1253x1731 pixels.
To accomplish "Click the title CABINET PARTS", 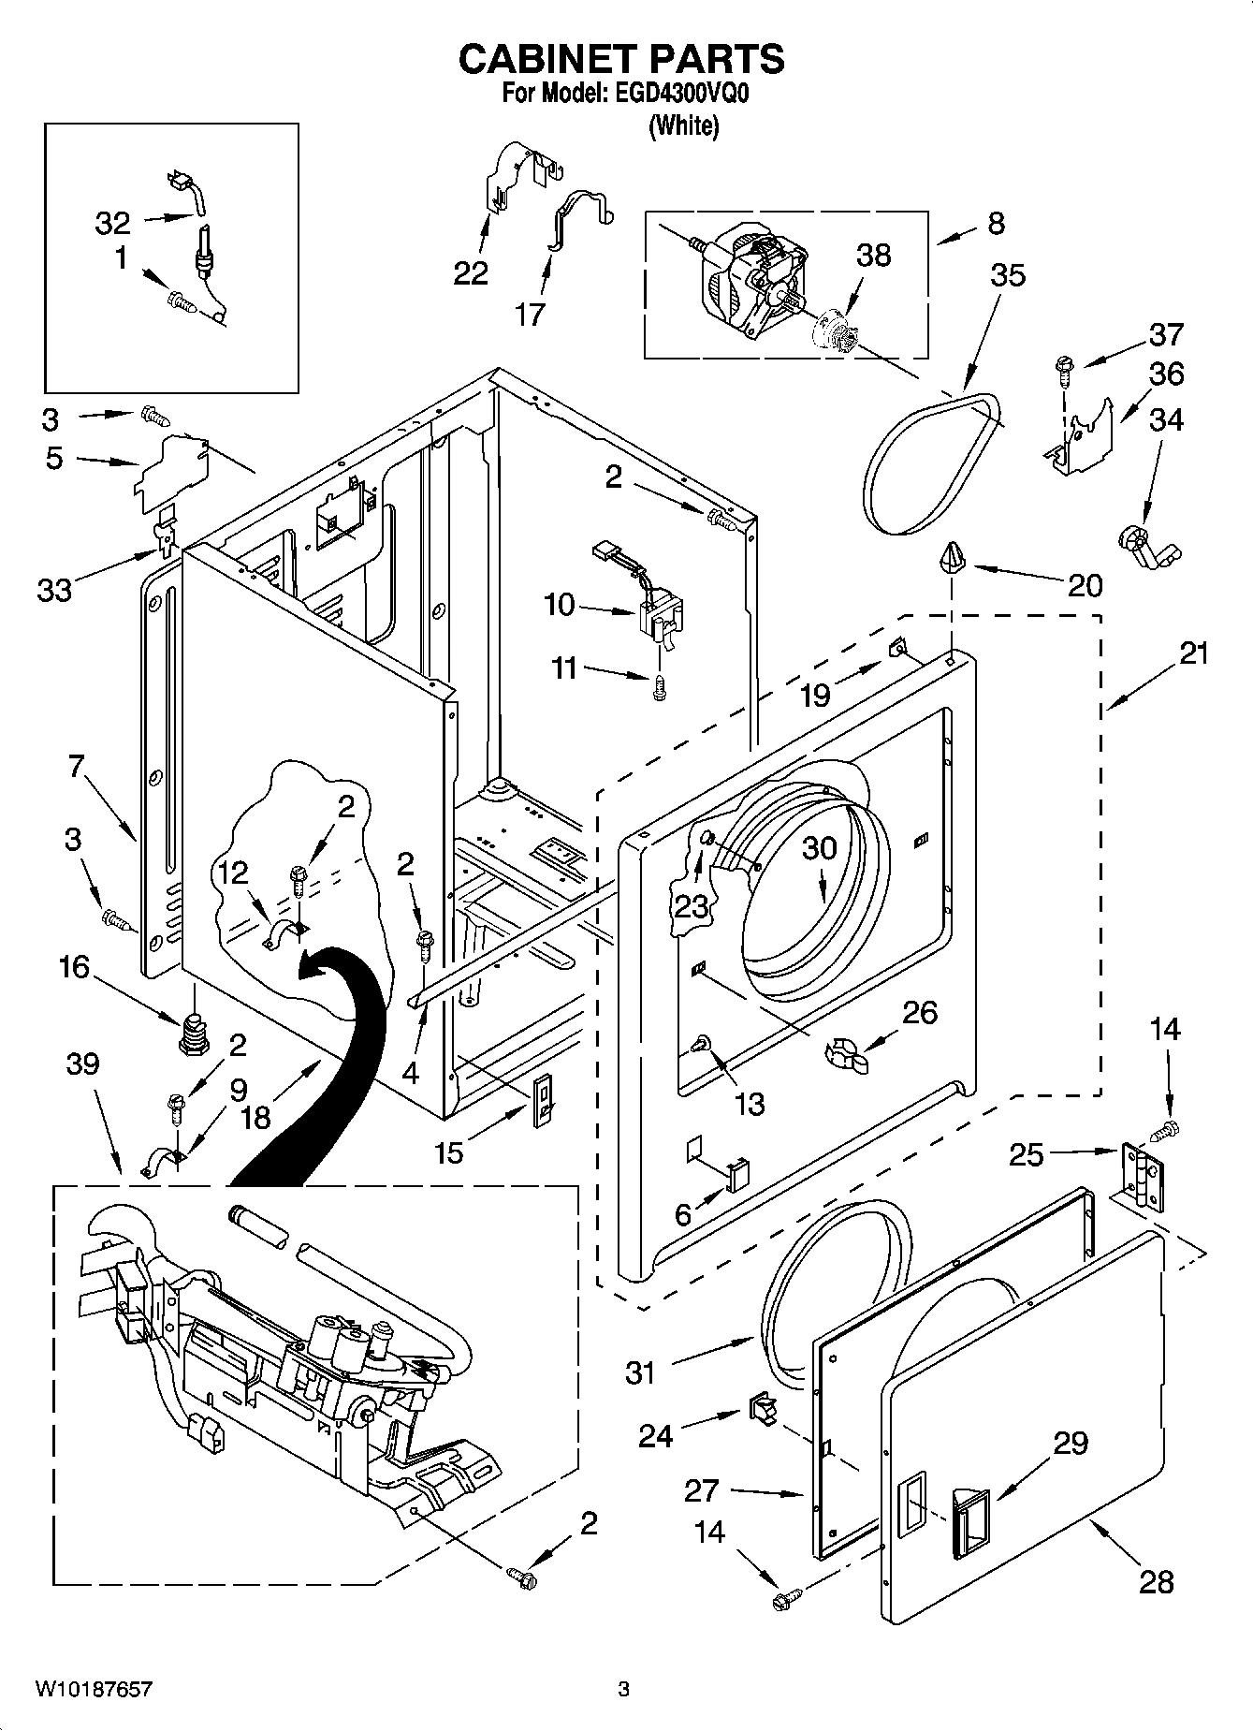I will coord(621,59).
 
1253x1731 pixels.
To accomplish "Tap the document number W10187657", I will coord(94,1689).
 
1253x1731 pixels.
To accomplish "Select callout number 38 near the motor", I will coord(873,256).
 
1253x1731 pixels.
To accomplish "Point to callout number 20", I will coord(1085,585).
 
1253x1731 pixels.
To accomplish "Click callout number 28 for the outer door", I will coord(1157,1581).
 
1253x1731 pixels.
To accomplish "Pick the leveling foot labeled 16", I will coord(192,1031).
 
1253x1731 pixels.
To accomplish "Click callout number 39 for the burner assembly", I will coord(82,1064).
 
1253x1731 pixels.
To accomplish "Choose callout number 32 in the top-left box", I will coord(113,223).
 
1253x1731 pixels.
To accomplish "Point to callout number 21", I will coord(1193,653).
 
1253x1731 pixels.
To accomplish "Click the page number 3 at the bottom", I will coord(623,1689).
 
